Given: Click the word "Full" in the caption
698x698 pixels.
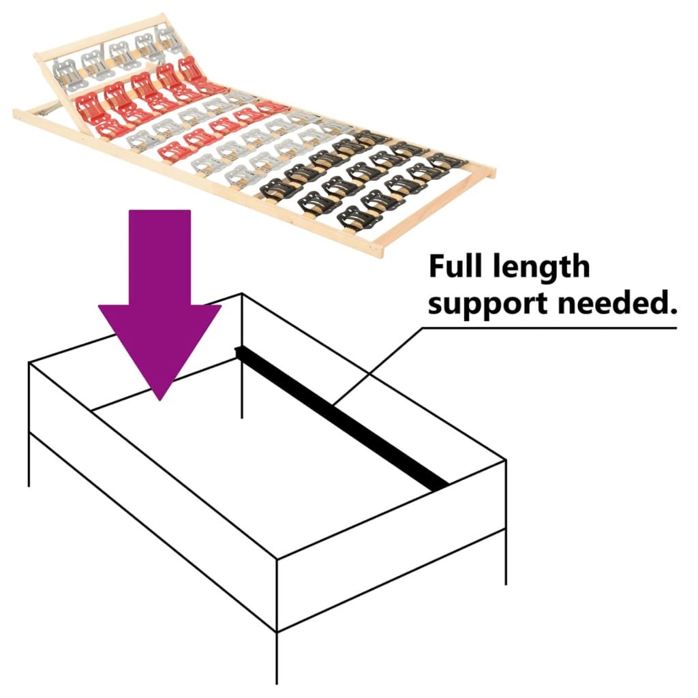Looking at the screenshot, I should point(455,267).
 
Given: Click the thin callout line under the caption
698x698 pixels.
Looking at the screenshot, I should point(545,328).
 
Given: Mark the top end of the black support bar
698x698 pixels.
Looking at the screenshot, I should point(239,352).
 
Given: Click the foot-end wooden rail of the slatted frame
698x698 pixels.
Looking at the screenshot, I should point(436,211).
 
